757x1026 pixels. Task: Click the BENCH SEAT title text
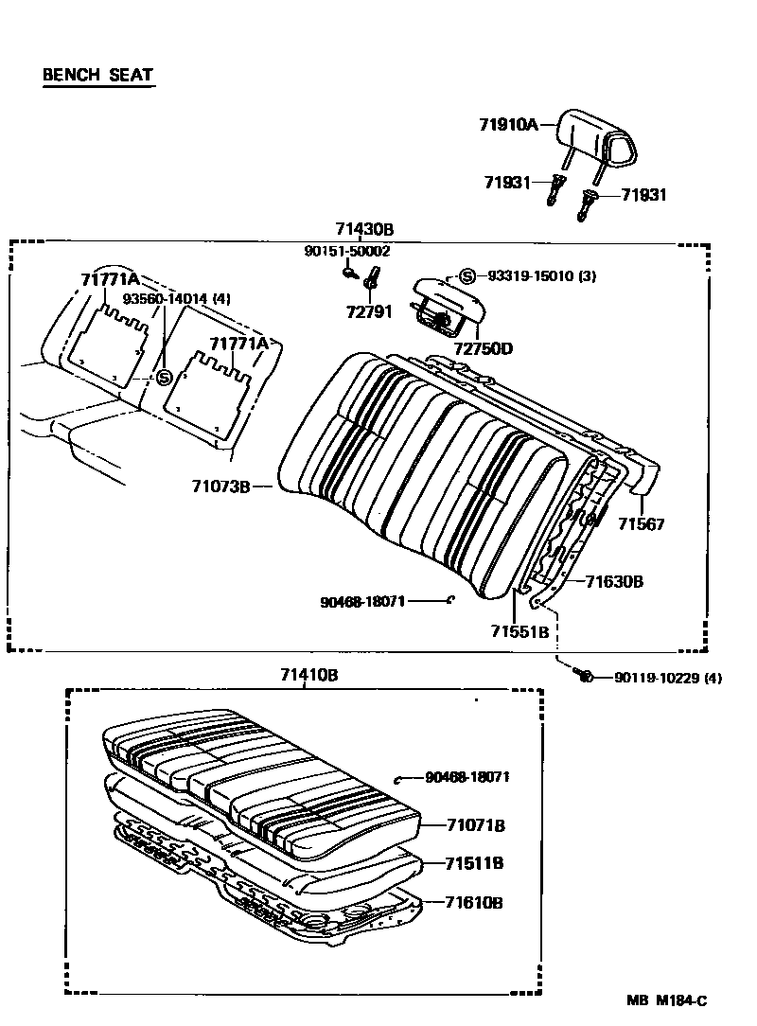tap(97, 75)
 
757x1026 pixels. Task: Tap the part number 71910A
tap(508, 124)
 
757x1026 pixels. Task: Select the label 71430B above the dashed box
tap(363, 229)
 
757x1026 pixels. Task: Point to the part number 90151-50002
tap(346, 251)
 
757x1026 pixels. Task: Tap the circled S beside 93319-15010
tap(467, 276)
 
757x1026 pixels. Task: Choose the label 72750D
tap(483, 348)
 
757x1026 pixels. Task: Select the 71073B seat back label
tap(220, 486)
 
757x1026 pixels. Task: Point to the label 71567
tap(642, 523)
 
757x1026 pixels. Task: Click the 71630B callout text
tap(614, 581)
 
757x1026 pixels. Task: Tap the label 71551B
tap(519, 631)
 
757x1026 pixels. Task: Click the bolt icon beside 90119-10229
tap(584, 675)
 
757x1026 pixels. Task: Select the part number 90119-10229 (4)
tap(668, 677)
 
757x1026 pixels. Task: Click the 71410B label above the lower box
tap(308, 675)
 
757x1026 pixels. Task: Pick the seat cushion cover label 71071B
tap(475, 825)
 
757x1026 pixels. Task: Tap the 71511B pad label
tap(475, 863)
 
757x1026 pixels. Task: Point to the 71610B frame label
tap(475, 902)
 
